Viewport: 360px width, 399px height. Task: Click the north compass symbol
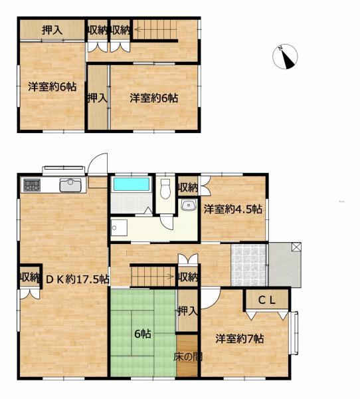285,57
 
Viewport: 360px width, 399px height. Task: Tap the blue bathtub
132,184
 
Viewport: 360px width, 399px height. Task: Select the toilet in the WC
165,189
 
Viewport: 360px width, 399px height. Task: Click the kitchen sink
70,185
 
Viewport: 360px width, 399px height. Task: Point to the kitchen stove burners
31,186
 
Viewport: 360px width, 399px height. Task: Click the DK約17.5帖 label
78,279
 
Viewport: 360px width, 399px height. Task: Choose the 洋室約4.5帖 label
232,209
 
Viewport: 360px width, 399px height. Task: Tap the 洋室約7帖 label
240,338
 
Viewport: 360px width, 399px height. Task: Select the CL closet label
267,301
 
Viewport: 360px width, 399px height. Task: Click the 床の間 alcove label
187,356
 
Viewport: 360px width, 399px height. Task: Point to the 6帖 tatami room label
143,334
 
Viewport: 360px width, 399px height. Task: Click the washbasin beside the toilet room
189,205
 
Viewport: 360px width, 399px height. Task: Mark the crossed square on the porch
296,247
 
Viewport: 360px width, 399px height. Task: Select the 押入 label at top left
52,30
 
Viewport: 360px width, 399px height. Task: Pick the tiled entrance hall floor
248,265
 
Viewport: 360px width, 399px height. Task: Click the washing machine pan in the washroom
120,227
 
